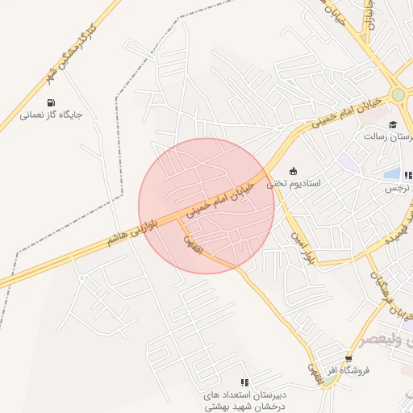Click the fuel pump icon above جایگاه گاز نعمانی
click(x=52, y=102)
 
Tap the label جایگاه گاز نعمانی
click(x=52, y=115)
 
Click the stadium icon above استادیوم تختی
click(x=293, y=171)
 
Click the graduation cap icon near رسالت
click(x=393, y=124)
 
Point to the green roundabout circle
click(x=398, y=95)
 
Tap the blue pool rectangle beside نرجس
click(x=392, y=173)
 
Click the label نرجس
click(x=397, y=187)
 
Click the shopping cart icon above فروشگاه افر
click(x=348, y=359)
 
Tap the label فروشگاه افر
click(x=348, y=370)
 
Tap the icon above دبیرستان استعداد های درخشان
click(x=244, y=382)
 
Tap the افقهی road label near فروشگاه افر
click(x=313, y=367)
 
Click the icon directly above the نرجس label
click(x=408, y=174)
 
